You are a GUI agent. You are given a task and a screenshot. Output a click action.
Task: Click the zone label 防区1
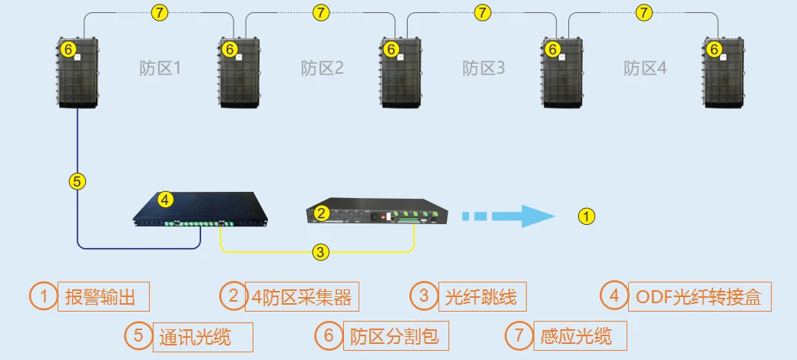[160, 68]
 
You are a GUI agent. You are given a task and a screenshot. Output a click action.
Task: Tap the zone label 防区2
[322, 68]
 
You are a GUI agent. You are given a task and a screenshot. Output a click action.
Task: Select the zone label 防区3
[483, 68]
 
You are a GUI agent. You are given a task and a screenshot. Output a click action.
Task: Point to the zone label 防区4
[645, 68]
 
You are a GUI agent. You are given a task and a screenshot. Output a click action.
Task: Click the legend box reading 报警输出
[102, 296]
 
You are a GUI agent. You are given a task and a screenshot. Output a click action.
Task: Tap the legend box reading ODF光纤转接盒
[699, 296]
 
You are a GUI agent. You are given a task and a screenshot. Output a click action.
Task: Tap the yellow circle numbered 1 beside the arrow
[586, 216]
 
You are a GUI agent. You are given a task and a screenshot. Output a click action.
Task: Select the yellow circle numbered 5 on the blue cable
[78, 181]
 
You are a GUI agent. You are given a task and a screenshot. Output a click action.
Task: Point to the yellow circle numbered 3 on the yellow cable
[322, 250]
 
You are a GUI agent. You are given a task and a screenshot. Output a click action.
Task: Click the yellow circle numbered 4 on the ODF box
[165, 200]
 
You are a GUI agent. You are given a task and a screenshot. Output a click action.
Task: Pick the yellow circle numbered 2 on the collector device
[322, 212]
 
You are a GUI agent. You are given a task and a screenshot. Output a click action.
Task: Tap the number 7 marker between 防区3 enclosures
[482, 12]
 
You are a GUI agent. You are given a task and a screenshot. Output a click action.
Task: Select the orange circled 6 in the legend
[328, 335]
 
